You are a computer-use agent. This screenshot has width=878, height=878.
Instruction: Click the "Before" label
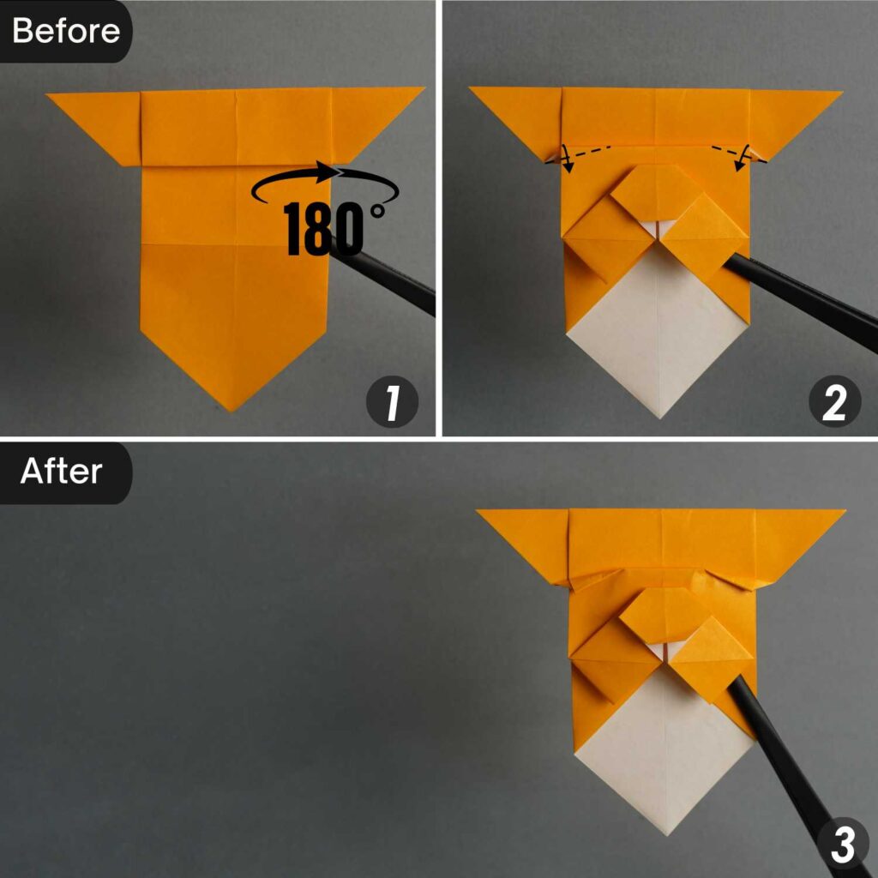tap(66, 31)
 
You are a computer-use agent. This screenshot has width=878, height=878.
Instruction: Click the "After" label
tap(61, 471)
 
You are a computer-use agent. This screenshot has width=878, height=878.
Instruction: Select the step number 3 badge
tap(841, 845)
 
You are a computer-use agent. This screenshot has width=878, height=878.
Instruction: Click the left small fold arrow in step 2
tap(566, 159)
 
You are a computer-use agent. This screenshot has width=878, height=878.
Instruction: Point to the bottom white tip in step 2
tap(658, 416)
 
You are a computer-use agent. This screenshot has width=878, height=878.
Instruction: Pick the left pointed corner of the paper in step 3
tap(481, 514)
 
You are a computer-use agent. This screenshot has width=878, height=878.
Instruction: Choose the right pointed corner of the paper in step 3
tap(841, 514)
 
